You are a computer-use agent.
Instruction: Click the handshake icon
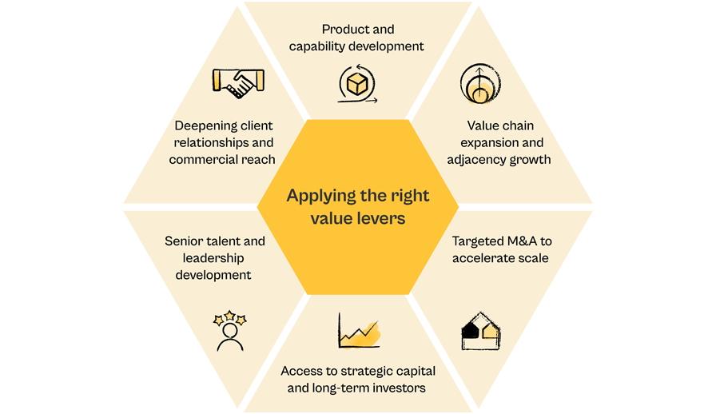coord(238,82)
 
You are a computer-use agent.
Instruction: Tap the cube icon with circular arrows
coord(357,84)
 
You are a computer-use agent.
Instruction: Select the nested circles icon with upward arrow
coord(480,84)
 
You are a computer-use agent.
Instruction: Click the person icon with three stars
coord(229,331)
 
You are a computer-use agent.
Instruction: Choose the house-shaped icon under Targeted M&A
coord(481,332)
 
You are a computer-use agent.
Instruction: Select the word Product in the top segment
coord(340,30)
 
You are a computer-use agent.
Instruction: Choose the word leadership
coord(213,258)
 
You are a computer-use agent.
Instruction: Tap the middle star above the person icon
coord(229,316)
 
